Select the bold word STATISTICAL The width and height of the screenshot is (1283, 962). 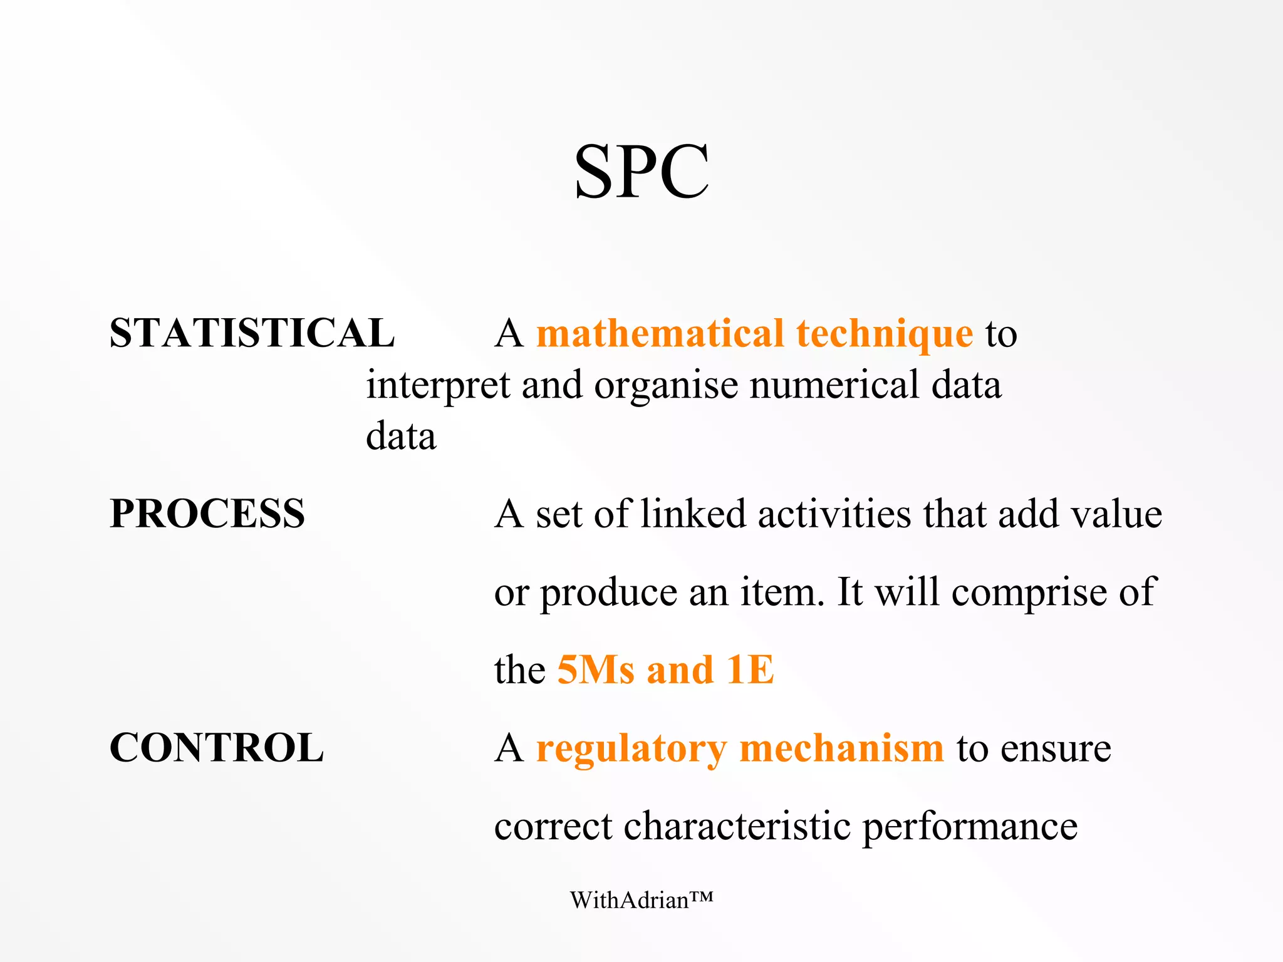pyautogui.click(x=252, y=333)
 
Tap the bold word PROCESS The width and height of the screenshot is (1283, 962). pyautogui.click(x=207, y=514)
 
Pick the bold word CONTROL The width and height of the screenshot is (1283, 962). pyautogui.click(x=216, y=748)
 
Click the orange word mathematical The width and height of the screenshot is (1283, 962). pyautogui.click(x=660, y=333)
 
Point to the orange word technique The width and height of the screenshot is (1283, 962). pyautogui.click(x=885, y=334)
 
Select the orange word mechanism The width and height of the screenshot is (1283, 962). pyautogui.click(x=841, y=748)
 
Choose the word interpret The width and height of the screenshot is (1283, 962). pyautogui.click(x=438, y=386)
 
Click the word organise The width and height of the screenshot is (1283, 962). pyautogui.click(x=666, y=386)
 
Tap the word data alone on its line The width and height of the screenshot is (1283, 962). pyautogui.click(x=401, y=436)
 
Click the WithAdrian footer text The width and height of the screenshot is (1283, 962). pyautogui.click(x=641, y=900)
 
